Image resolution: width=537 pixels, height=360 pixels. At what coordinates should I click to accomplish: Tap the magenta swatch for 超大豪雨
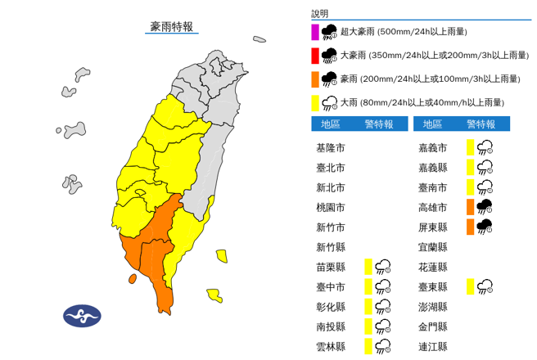pyautogui.click(x=315, y=33)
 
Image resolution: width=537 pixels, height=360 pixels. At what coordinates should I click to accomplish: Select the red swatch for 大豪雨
pyautogui.click(x=315, y=56)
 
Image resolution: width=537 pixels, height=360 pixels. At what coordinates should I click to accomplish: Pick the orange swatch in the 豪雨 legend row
pyautogui.click(x=315, y=79)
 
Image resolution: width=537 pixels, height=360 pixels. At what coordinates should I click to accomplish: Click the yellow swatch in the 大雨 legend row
pyautogui.click(x=315, y=102)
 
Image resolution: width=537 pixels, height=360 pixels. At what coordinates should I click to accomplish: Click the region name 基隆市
pyautogui.click(x=330, y=148)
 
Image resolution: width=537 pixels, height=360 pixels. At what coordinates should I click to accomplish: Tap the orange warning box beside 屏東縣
pyautogui.click(x=470, y=226)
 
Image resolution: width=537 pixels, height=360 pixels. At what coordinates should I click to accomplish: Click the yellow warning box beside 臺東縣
pyautogui.click(x=470, y=286)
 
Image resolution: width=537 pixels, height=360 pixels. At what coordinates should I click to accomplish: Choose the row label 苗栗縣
pyautogui.click(x=330, y=267)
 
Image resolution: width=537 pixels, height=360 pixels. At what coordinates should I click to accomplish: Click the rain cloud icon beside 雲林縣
pyautogui.click(x=382, y=346)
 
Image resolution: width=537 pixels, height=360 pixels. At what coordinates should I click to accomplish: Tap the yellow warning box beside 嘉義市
pyautogui.click(x=470, y=147)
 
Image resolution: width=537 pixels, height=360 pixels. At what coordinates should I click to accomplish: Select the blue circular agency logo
pyautogui.click(x=82, y=316)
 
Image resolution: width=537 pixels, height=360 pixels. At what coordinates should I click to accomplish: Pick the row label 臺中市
pyautogui.click(x=330, y=286)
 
